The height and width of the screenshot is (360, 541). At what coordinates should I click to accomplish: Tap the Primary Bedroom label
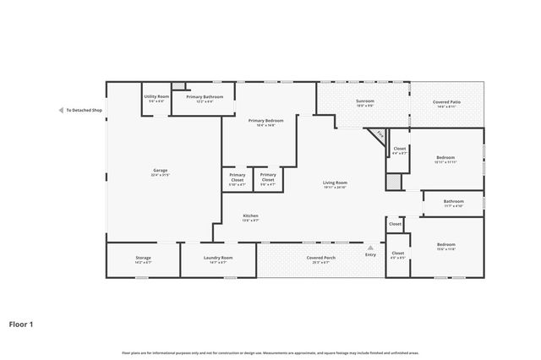tap(265, 123)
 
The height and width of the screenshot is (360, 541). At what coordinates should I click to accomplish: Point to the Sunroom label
tap(364, 104)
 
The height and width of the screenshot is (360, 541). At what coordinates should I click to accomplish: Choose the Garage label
tap(160, 172)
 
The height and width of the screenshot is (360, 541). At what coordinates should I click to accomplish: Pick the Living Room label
tap(336, 184)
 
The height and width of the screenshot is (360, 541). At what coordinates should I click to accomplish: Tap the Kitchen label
tap(251, 217)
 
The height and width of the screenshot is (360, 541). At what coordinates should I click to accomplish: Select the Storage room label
tap(143, 259)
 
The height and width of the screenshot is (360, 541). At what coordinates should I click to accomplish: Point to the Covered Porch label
tap(320, 259)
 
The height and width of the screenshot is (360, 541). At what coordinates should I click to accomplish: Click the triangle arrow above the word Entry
tap(370, 248)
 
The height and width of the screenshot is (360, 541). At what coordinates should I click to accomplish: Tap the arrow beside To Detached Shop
tap(60, 111)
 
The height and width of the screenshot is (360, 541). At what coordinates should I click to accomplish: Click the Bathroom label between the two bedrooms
tap(454, 203)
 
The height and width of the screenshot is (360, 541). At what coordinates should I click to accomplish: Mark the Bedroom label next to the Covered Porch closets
tap(445, 248)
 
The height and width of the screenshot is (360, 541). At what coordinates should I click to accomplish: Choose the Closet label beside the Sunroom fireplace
tap(400, 150)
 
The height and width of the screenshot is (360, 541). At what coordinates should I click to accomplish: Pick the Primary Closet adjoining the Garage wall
tap(238, 179)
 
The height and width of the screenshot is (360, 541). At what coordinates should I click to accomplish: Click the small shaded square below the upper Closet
tap(393, 181)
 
